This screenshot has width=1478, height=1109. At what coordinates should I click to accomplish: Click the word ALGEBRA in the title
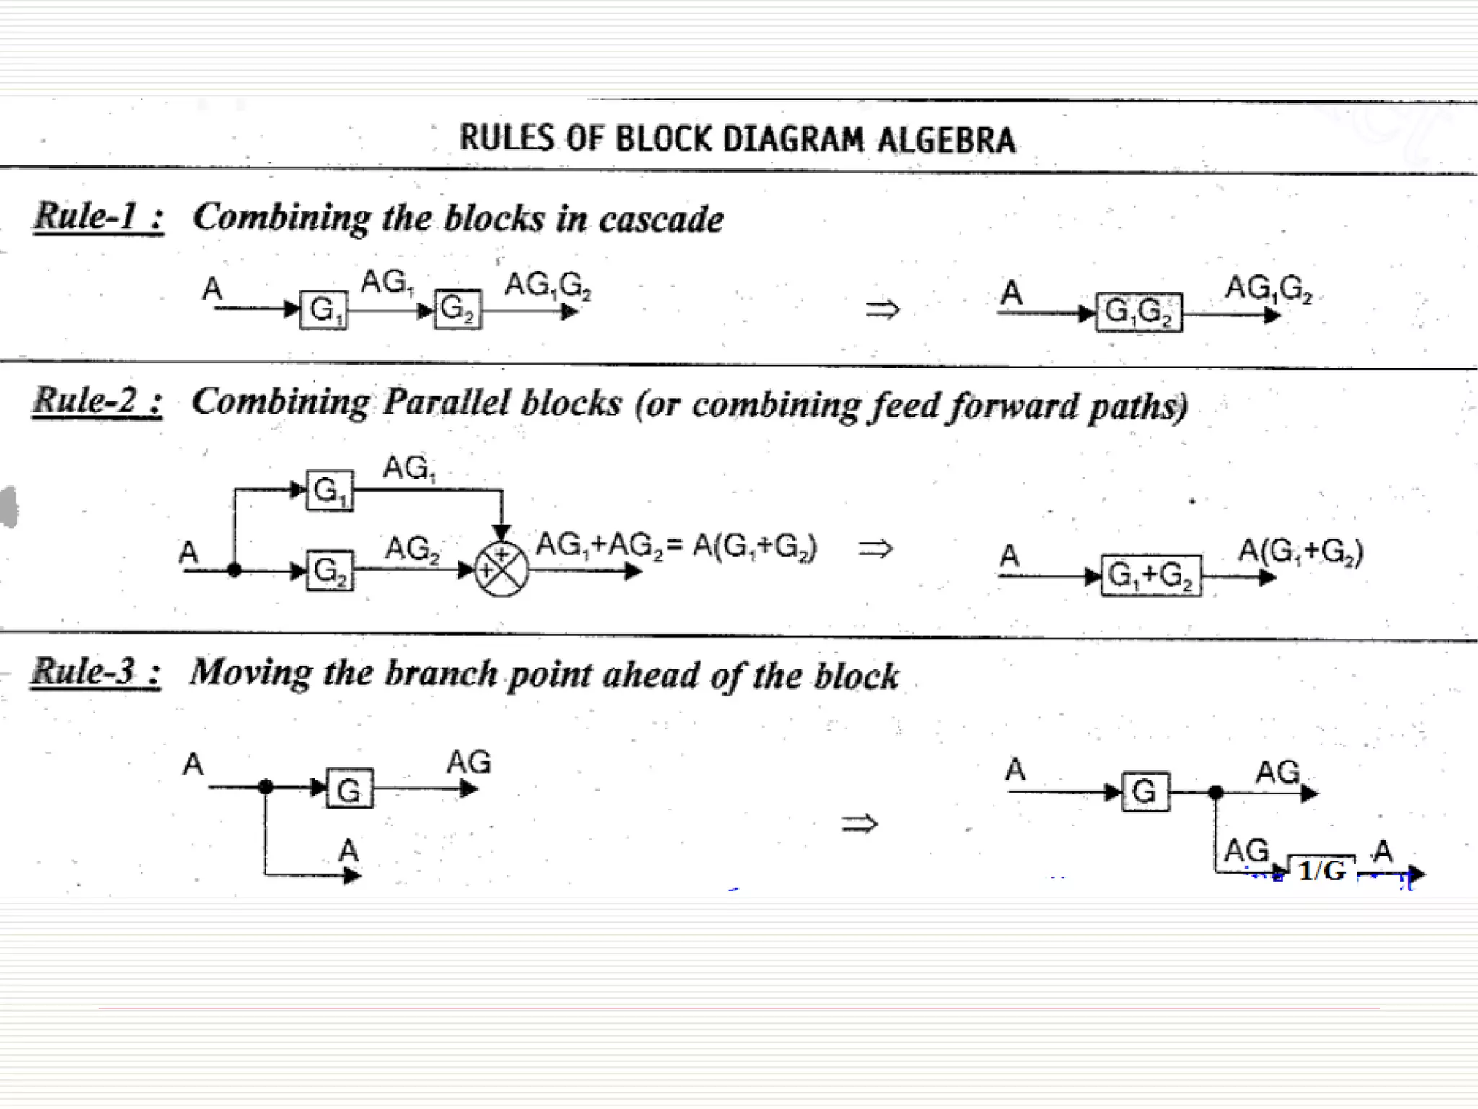946,139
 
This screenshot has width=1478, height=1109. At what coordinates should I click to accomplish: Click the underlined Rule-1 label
98,216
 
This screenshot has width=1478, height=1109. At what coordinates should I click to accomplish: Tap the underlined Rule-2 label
97,401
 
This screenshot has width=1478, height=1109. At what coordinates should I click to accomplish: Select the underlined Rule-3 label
95,671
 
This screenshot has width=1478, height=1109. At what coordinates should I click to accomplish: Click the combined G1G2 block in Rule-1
1139,312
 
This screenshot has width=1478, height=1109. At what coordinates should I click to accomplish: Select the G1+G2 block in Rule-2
1151,575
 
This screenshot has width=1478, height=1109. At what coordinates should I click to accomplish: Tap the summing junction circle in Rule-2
502,570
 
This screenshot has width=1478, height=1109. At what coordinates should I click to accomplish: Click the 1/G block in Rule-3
1321,870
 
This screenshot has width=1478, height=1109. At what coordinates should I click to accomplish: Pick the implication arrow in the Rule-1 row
883,310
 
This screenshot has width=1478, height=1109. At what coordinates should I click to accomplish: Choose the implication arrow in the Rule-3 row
860,823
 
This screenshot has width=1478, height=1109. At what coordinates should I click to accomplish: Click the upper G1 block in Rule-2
330,491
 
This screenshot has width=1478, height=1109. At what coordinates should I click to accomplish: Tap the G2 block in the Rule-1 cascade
458,310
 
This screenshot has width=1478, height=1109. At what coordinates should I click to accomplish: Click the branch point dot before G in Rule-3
266,786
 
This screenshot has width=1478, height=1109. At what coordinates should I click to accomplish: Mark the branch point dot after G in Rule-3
1216,793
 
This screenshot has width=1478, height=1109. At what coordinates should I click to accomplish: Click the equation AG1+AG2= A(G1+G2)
675,546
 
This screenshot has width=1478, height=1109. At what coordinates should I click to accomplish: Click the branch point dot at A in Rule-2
234,570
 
